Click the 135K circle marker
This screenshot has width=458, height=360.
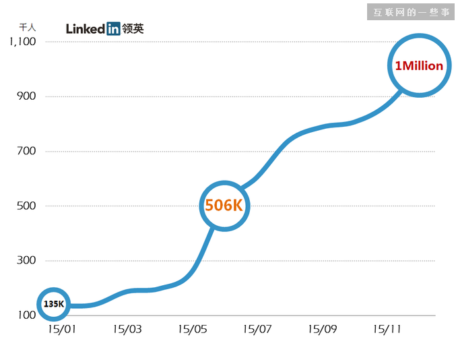(x=54, y=304)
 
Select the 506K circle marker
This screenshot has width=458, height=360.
(x=224, y=206)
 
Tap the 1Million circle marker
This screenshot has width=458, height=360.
(x=419, y=65)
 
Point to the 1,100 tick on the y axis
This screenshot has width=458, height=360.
(x=22, y=42)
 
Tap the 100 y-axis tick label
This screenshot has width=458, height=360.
(x=26, y=316)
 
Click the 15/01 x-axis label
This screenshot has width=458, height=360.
(x=62, y=330)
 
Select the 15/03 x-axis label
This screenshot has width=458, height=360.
(x=127, y=330)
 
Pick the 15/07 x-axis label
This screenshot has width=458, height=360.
(x=257, y=330)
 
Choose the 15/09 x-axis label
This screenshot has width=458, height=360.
(x=322, y=330)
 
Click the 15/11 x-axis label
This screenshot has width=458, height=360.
(x=387, y=330)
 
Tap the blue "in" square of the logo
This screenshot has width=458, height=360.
(x=113, y=28)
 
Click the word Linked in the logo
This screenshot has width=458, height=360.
(x=86, y=28)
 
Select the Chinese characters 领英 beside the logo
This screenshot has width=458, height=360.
(x=133, y=28)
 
